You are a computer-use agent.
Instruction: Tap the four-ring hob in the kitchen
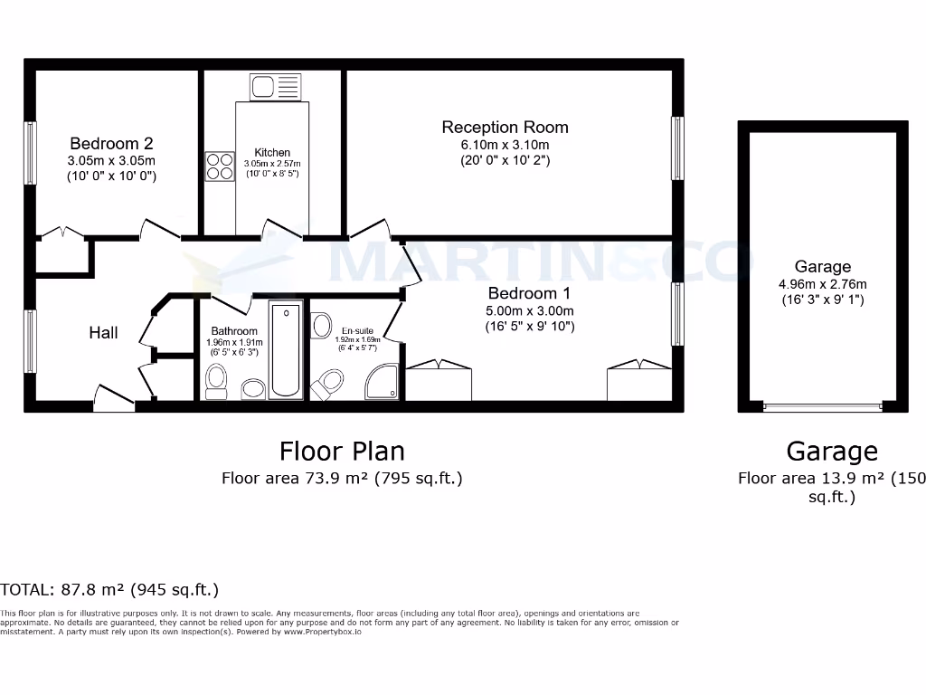219,166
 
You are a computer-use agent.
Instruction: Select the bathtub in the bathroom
287,350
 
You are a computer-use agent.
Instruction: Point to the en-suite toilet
327,384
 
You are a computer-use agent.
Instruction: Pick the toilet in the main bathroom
217,382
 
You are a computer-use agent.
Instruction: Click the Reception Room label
505,127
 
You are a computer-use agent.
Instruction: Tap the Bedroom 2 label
111,143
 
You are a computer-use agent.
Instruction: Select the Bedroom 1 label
529,293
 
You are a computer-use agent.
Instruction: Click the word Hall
103,333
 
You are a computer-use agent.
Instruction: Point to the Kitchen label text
272,152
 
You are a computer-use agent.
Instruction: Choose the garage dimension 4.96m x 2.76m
822,283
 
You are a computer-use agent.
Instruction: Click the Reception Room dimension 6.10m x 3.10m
505,145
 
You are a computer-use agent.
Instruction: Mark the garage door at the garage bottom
822,407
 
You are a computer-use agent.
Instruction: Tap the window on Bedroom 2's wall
31,154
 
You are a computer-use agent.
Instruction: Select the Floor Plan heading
342,450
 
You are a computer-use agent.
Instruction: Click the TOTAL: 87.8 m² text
109,590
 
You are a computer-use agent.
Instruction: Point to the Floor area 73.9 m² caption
342,479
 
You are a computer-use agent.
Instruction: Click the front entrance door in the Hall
113,398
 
